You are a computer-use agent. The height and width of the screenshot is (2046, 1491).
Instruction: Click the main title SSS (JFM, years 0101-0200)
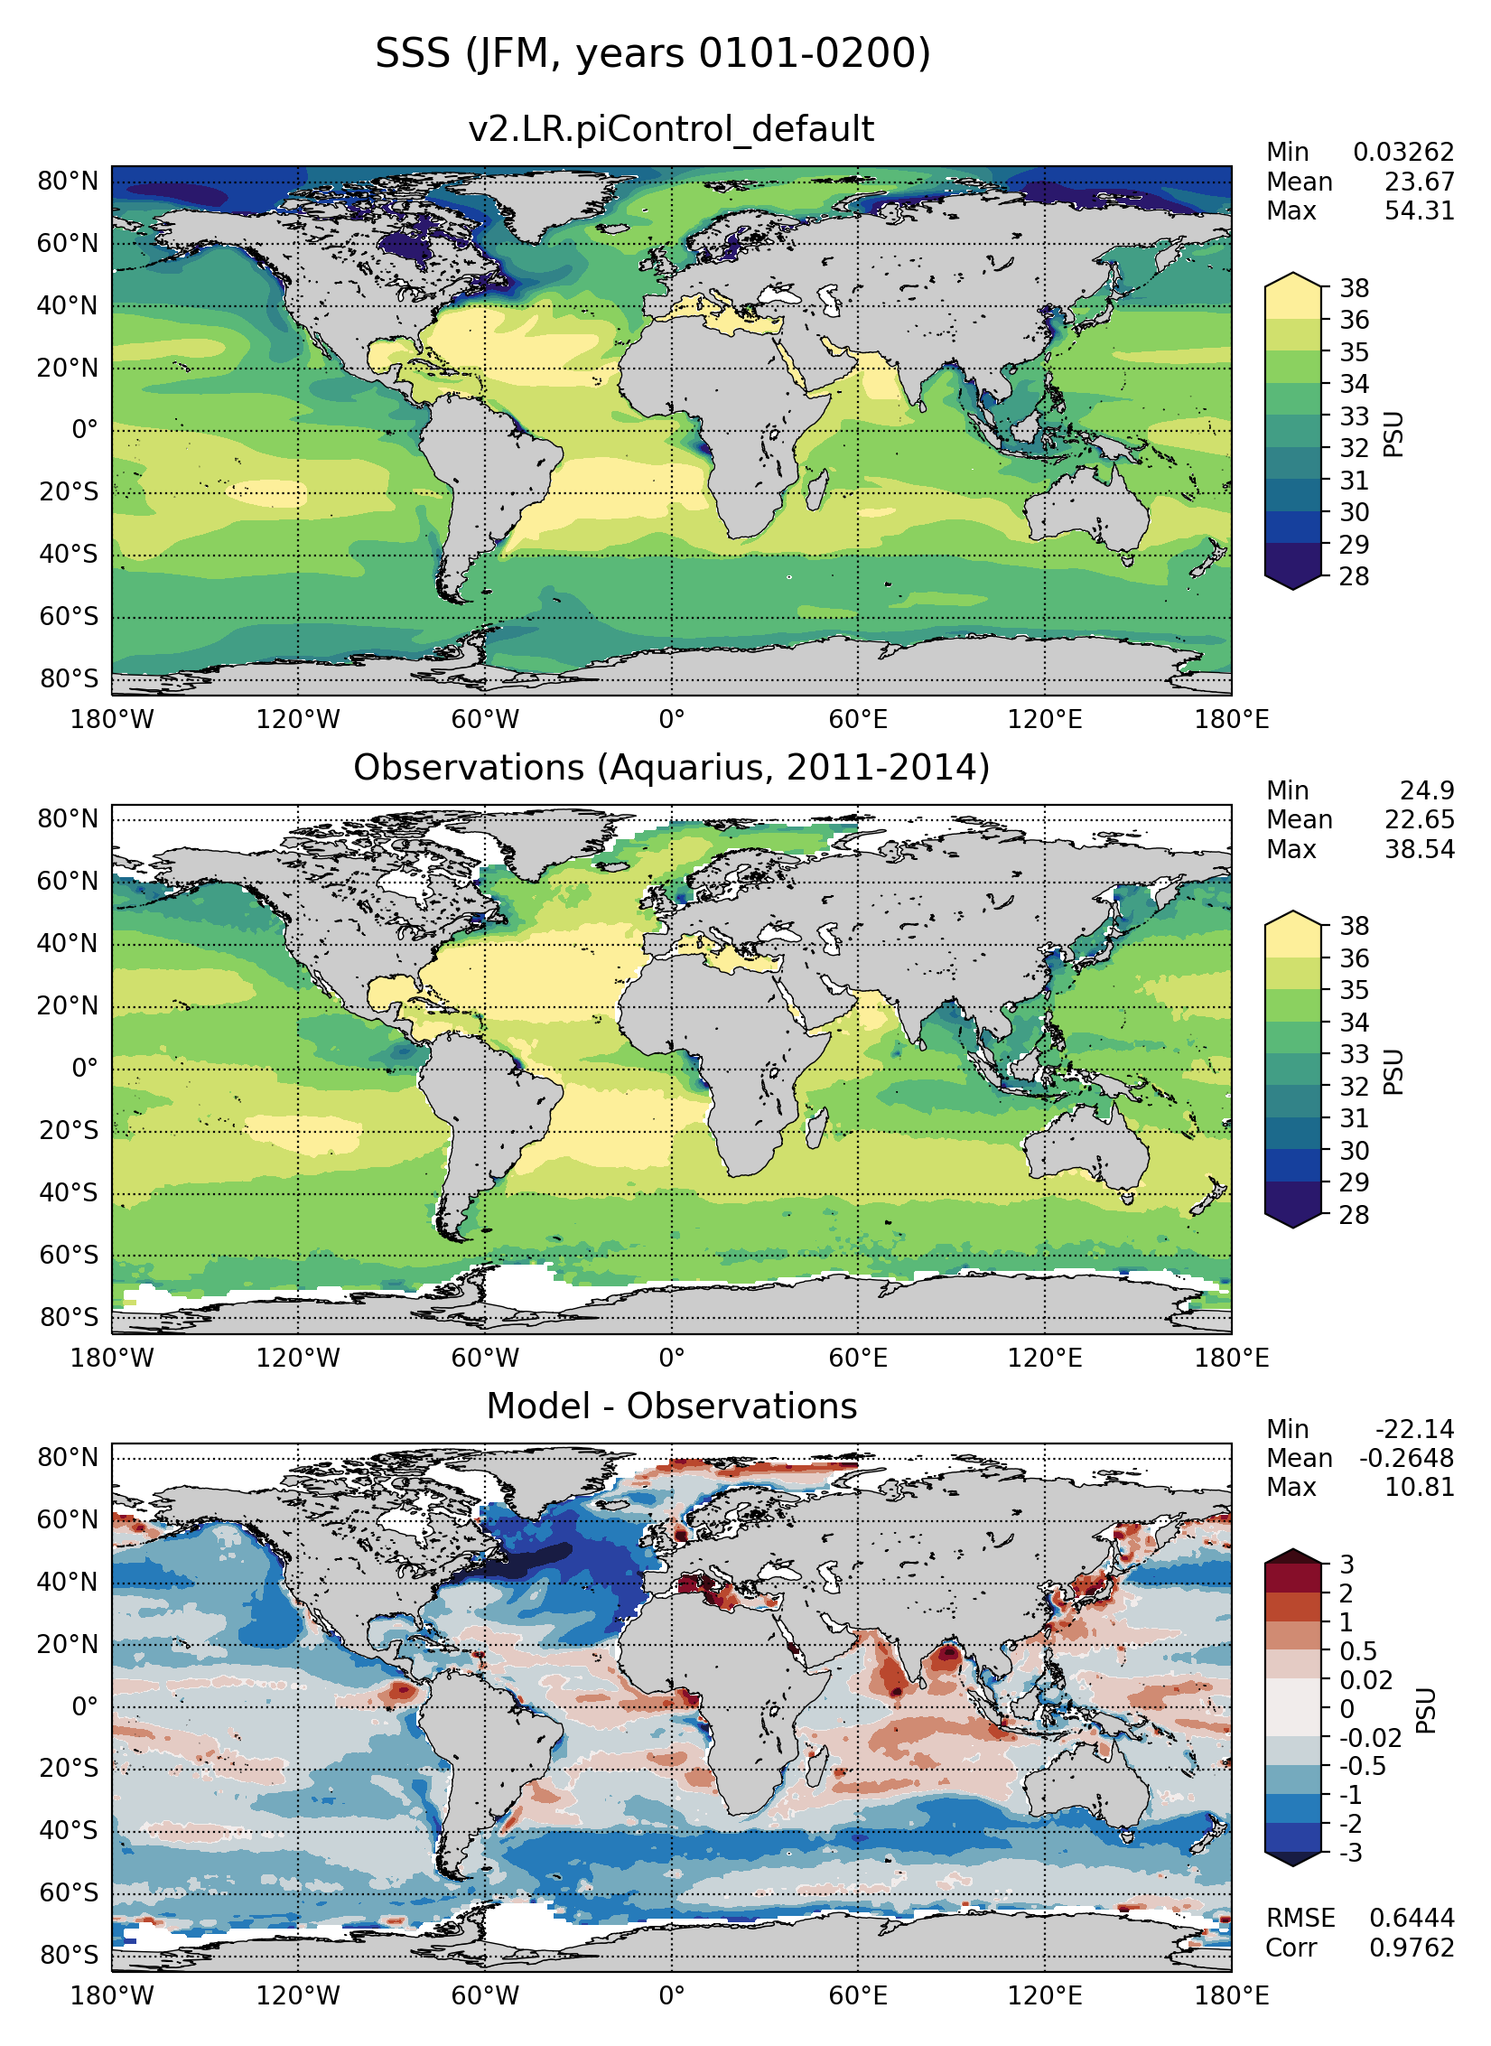pyautogui.click(x=652, y=54)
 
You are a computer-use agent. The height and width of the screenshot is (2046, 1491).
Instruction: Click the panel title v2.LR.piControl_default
pyautogui.click(x=670, y=129)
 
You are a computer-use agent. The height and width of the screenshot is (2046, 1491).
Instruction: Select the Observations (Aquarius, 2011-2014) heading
pyautogui.click(x=671, y=768)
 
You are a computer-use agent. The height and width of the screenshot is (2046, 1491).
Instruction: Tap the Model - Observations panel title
pyautogui.click(x=671, y=1406)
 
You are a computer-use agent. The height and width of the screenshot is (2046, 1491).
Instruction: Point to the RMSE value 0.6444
pyautogui.click(x=1412, y=1918)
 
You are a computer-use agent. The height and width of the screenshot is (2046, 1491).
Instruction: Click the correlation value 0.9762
pyautogui.click(x=1412, y=1948)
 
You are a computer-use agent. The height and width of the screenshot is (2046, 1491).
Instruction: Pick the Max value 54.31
pyautogui.click(x=1419, y=211)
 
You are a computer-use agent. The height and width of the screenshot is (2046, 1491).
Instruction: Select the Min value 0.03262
pyautogui.click(x=1402, y=152)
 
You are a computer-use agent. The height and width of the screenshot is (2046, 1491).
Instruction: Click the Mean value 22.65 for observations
pyautogui.click(x=1419, y=819)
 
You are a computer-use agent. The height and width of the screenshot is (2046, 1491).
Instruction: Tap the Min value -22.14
pyautogui.click(x=1414, y=1429)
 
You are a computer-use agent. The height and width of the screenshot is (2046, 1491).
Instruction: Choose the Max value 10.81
pyautogui.click(x=1419, y=1487)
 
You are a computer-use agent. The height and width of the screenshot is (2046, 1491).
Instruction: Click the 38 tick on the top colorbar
pyautogui.click(x=1354, y=288)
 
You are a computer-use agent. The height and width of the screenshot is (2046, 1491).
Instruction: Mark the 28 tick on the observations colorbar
pyautogui.click(x=1354, y=1215)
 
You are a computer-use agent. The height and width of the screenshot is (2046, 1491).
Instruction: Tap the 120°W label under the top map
pyautogui.click(x=298, y=720)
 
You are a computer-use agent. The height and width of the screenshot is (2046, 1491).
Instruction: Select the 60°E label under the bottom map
pyautogui.click(x=858, y=1995)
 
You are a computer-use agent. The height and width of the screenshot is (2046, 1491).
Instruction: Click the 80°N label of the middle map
pyautogui.click(x=68, y=818)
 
